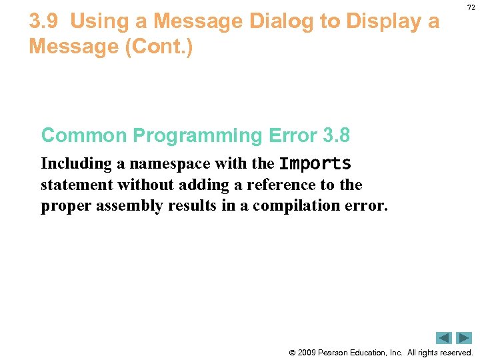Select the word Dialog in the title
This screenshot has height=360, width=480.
click(x=282, y=22)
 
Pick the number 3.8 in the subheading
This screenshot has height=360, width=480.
click(x=336, y=135)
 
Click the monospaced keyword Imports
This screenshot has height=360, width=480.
click(x=315, y=164)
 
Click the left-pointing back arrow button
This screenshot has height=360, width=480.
click(x=444, y=338)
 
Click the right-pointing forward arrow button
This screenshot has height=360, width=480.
click(x=464, y=338)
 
